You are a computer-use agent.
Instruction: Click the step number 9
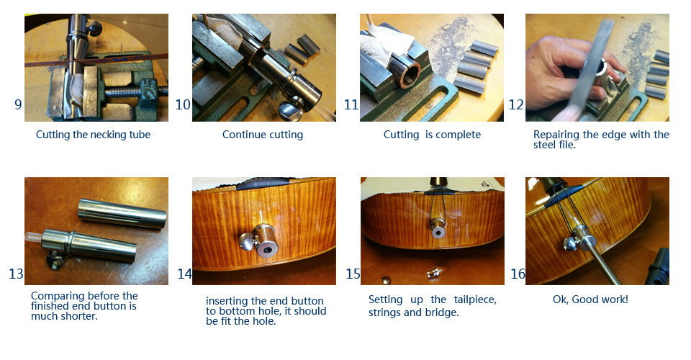18,104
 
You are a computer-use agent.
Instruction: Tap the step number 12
516,104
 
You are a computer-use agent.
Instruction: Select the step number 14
185,274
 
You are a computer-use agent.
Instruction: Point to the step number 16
518,274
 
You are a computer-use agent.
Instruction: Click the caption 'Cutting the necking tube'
93,135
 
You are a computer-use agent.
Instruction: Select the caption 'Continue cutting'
263,135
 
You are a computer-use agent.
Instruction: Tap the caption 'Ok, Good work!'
590,300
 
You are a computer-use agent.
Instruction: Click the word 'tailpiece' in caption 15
475,300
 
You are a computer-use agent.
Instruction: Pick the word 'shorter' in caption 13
79,316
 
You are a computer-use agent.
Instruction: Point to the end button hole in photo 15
438,231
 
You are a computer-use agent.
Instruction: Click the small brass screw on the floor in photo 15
433,272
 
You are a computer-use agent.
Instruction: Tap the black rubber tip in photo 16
659,266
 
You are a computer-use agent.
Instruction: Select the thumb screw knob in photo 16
571,243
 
